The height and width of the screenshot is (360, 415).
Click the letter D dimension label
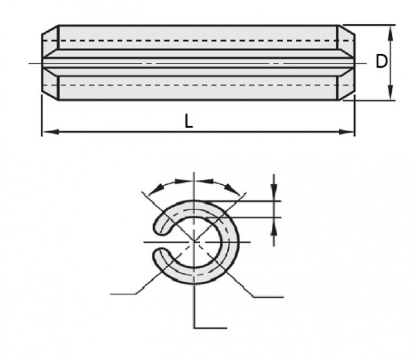tap(381, 61)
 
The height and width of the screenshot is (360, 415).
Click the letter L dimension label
tap(188, 120)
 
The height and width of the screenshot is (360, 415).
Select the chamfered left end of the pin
tap(50, 63)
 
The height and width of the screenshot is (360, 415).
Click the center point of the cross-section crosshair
tap(196, 242)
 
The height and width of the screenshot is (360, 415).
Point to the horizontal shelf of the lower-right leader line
tap(268, 297)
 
